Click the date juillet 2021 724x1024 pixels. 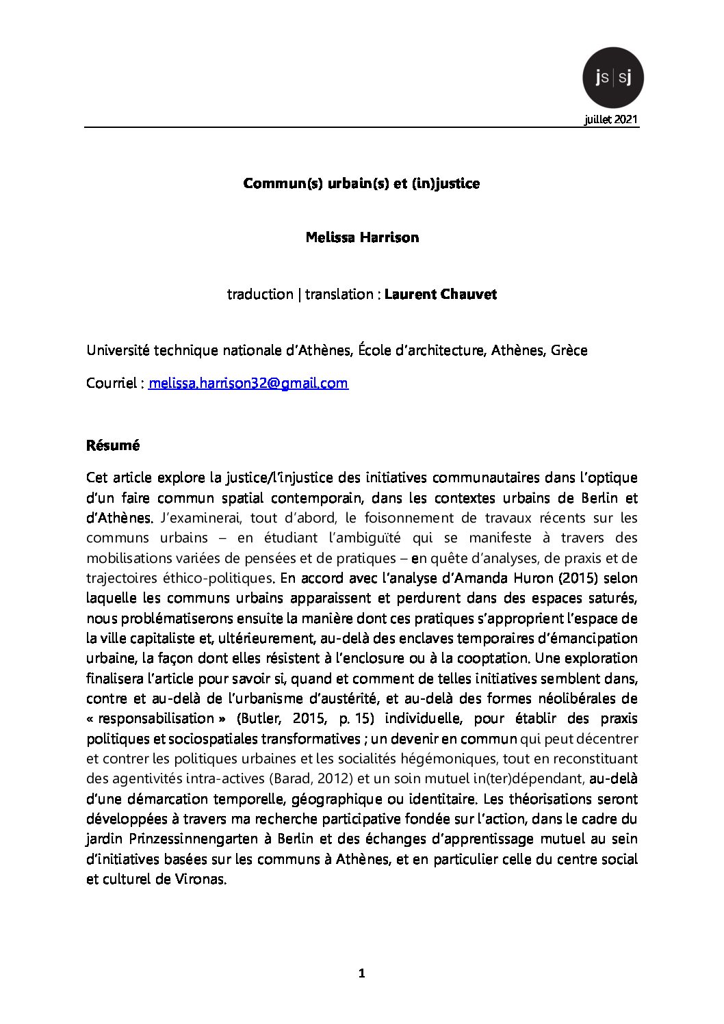[611, 120]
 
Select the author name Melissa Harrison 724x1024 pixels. [362, 238]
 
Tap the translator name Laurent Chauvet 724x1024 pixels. [440, 294]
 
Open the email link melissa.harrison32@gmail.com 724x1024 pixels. [248, 383]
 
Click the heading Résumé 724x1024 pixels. [113, 445]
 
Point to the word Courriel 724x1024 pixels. [112, 383]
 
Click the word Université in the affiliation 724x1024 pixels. [118, 350]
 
